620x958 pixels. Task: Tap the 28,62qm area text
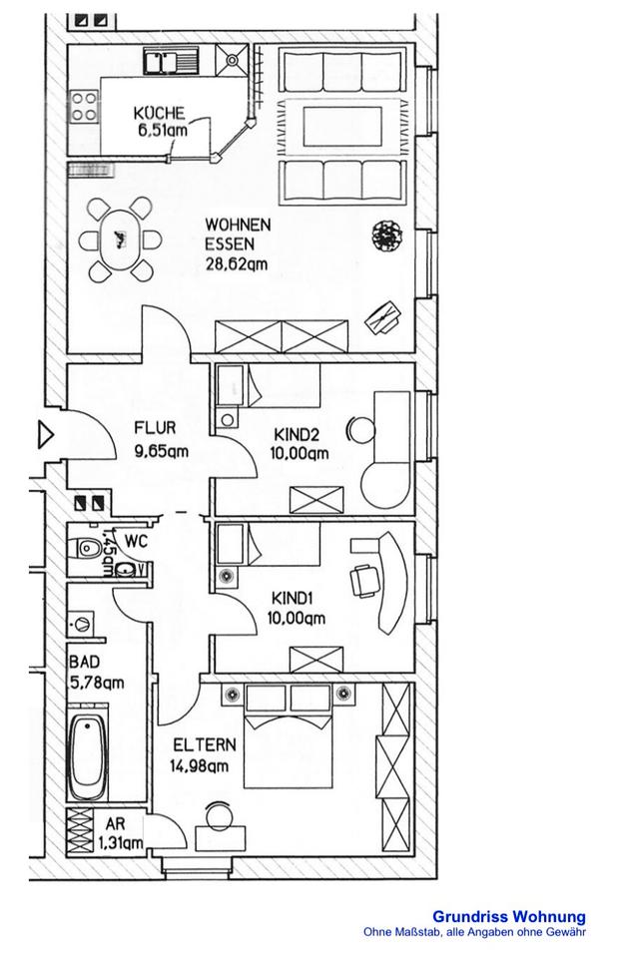coord(236,264)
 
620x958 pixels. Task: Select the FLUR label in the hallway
coord(156,429)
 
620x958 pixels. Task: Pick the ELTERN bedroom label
coord(205,745)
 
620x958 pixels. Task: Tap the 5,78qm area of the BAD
coord(96,684)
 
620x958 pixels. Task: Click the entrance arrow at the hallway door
coord(45,434)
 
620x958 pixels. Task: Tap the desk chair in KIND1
coord(360,578)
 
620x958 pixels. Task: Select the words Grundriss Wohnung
coord(508,916)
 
